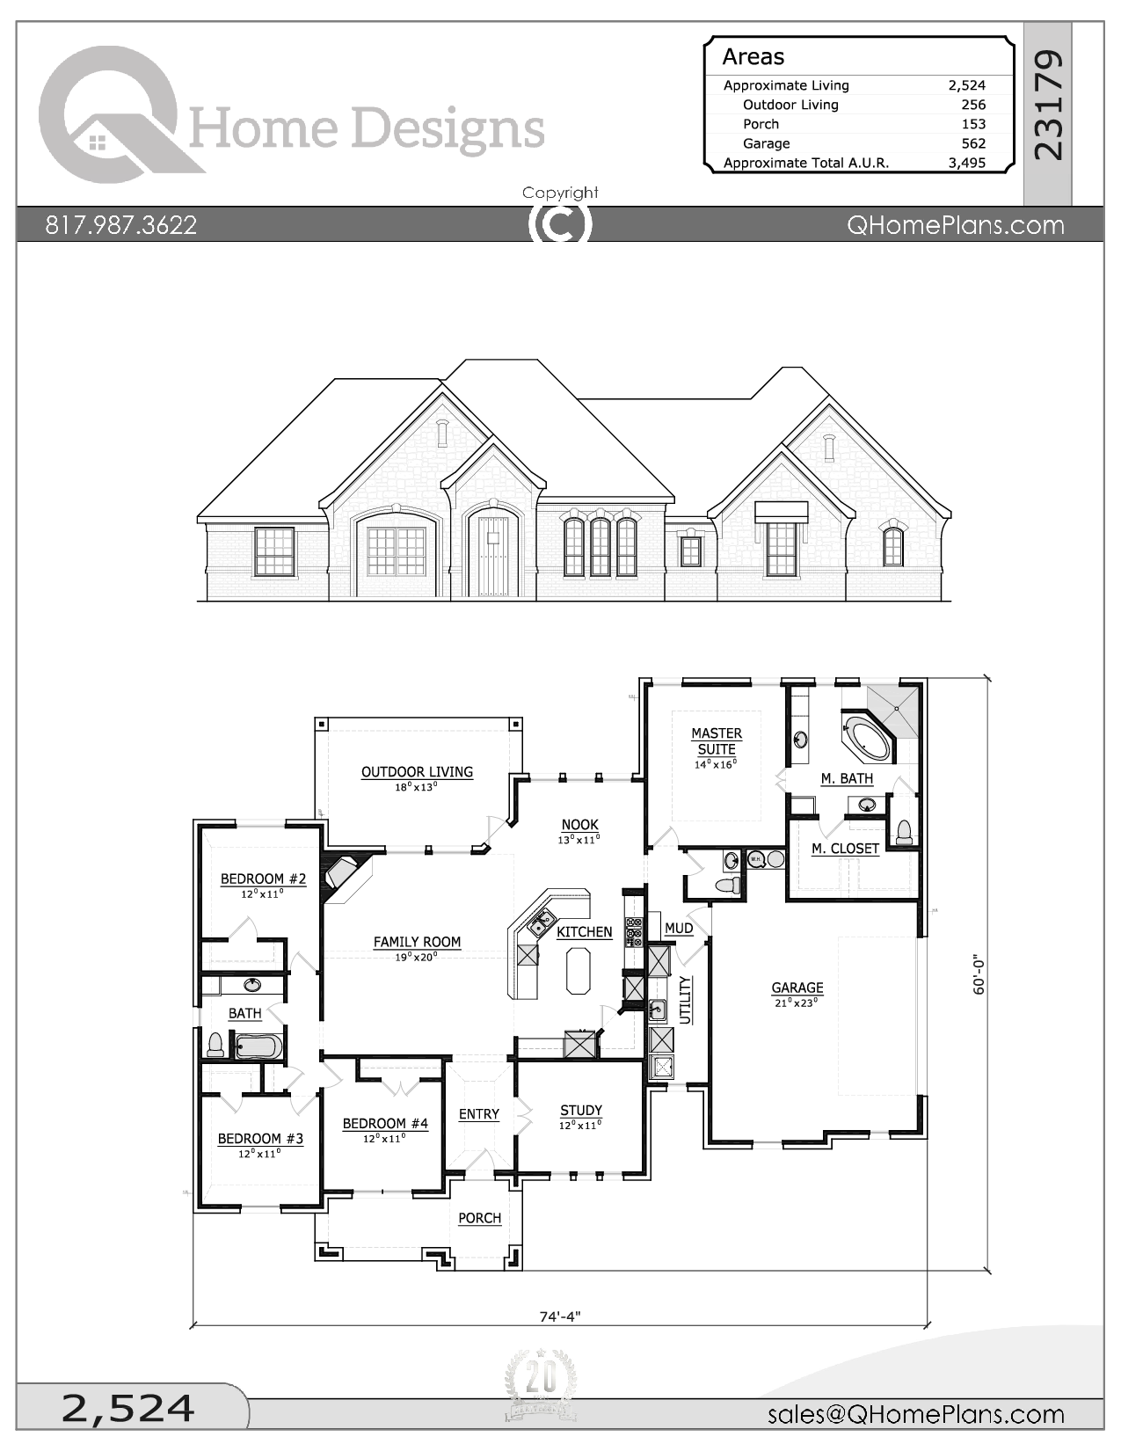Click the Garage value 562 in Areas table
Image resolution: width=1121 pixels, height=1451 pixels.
pyautogui.click(x=972, y=143)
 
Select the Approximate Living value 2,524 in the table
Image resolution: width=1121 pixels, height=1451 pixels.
pyautogui.click(x=966, y=85)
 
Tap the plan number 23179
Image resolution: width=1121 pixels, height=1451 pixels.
pyautogui.click(x=1048, y=106)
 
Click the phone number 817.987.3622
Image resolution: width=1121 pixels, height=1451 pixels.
pyautogui.click(x=121, y=225)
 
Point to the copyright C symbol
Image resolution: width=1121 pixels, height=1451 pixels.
pyautogui.click(x=560, y=223)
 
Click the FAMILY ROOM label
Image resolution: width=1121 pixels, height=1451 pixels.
pyautogui.click(x=417, y=942)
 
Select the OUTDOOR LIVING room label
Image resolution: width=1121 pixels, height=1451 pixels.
pyautogui.click(x=417, y=772)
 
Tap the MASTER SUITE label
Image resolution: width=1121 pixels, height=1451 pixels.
pyautogui.click(x=717, y=741)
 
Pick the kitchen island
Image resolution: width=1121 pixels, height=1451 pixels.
pyautogui.click(x=578, y=970)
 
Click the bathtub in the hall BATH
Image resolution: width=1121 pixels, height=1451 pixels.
pyautogui.click(x=258, y=1046)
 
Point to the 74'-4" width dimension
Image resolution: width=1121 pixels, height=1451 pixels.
pyautogui.click(x=560, y=1316)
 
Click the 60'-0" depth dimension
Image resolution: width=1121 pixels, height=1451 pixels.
pyautogui.click(x=979, y=974)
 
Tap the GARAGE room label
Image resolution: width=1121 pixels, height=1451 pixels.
pyautogui.click(x=797, y=988)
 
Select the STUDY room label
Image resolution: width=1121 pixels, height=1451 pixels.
pyautogui.click(x=580, y=1111)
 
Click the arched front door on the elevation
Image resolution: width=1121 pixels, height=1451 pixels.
pyautogui.click(x=489, y=556)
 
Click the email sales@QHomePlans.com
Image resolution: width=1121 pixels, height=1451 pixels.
pyautogui.click(x=915, y=1414)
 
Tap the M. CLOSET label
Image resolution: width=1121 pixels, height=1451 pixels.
pyautogui.click(x=845, y=849)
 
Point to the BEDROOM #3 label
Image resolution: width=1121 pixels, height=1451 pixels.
pyautogui.click(x=260, y=1139)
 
